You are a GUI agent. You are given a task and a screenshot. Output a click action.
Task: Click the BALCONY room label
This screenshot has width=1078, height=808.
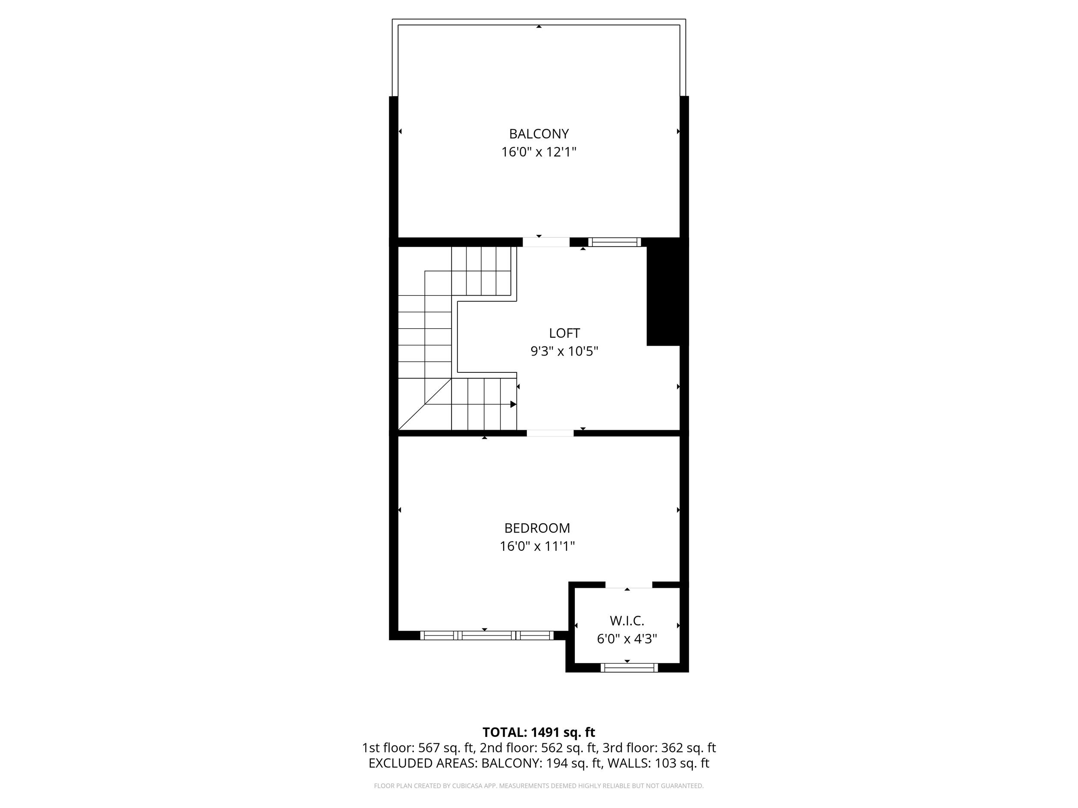tap(539, 134)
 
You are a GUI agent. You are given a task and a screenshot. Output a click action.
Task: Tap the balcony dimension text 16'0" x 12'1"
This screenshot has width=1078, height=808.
tap(539, 152)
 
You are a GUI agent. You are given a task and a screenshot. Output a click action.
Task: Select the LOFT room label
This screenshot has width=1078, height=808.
tap(564, 333)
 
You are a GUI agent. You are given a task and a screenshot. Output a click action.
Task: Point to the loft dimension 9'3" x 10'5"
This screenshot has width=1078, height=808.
tap(564, 351)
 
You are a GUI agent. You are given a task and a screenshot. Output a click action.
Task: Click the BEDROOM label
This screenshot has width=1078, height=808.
tap(537, 528)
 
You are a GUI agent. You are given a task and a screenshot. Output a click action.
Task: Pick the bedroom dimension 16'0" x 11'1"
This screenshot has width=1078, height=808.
tap(537, 546)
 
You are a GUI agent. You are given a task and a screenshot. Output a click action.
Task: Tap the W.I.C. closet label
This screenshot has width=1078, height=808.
tap(627, 621)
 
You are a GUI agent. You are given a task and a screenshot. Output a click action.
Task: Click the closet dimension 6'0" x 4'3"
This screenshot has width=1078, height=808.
tap(627, 639)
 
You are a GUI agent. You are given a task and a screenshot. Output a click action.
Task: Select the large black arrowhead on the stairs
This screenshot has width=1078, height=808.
tap(513, 404)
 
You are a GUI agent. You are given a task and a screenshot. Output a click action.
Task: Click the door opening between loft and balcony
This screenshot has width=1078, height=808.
tap(546, 242)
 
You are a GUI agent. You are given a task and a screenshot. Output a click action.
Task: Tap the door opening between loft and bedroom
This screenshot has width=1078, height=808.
tap(550, 433)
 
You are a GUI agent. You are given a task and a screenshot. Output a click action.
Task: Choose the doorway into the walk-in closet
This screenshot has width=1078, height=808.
tap(628, 584)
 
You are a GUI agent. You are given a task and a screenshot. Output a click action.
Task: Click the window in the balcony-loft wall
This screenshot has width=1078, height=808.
tap(614, 242)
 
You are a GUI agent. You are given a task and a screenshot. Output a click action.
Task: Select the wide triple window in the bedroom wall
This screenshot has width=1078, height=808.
tap(486, 635)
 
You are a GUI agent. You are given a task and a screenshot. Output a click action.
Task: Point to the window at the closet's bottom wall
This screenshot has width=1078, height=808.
tap(629, 668)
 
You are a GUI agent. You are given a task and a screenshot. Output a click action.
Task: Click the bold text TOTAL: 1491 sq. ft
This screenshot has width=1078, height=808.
tap(539, 732)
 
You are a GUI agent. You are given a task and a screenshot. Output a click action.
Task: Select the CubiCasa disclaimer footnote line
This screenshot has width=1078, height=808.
tap(539, 786)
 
